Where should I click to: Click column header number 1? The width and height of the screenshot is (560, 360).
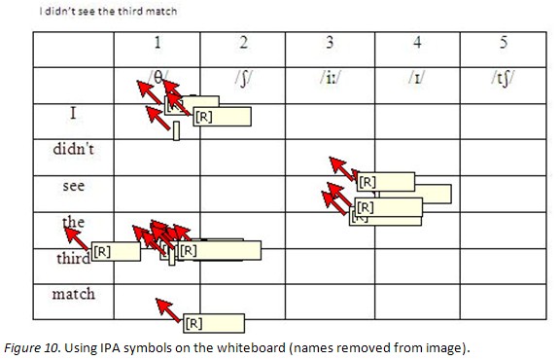(x=157, y=44)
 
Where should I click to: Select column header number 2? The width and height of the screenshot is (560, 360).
(x=243, y=44)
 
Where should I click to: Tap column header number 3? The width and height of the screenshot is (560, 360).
(x=330, y=44)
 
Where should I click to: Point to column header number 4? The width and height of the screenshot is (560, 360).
(x=416, y=44)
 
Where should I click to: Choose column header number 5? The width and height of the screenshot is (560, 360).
(x=503, y=44)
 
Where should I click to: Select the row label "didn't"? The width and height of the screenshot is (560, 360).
(x=73, y=151)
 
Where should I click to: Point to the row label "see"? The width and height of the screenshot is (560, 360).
(x=73, y=185)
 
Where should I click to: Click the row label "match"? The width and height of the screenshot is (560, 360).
(x=73, y=292)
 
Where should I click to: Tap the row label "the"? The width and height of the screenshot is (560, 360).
(x=74, y=222)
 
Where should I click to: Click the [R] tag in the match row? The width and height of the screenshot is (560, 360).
(x=193, y=323)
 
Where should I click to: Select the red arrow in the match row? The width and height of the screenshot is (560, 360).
(x=168, y=311)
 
